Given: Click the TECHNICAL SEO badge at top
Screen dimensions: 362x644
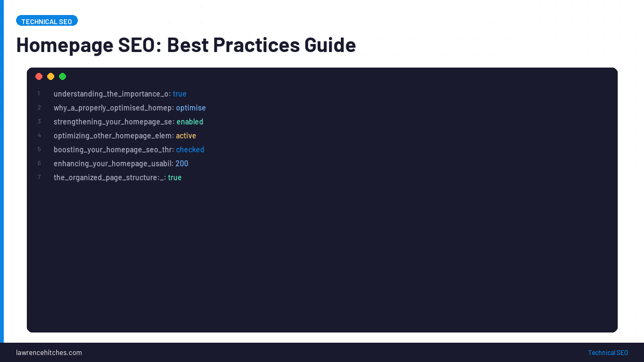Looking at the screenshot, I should coord(47,21).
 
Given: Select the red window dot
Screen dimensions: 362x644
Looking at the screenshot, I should coord(39,77).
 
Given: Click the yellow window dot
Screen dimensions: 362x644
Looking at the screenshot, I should coord(51,77).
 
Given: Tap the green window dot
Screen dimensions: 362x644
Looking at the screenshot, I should coord(63,77).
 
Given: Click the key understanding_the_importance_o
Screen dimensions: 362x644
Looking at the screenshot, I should coord(111,94).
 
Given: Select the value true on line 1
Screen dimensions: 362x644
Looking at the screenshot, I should coord(180,94).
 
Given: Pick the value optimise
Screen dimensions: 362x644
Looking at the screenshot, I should coord(191,108).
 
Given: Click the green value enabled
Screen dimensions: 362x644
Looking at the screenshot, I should coord(190,122).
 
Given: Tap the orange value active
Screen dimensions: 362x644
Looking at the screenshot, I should coord(186,136).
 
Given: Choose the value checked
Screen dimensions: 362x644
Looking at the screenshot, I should coord(190,150).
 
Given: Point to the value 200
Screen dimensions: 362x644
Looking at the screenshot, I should coord(182,164).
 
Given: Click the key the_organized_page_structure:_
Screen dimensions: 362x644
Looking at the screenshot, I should coord(109,178).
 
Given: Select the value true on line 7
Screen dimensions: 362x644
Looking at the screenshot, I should coord(175,178).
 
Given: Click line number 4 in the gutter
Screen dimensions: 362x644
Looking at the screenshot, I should coord(39,136).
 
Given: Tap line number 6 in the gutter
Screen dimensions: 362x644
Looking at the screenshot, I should coord(39,164).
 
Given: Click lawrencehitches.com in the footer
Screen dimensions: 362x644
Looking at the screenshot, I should coord(49,352).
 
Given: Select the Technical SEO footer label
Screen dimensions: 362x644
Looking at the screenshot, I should coord(608,352).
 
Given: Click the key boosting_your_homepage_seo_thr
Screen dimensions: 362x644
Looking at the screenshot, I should coord(113,150).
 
